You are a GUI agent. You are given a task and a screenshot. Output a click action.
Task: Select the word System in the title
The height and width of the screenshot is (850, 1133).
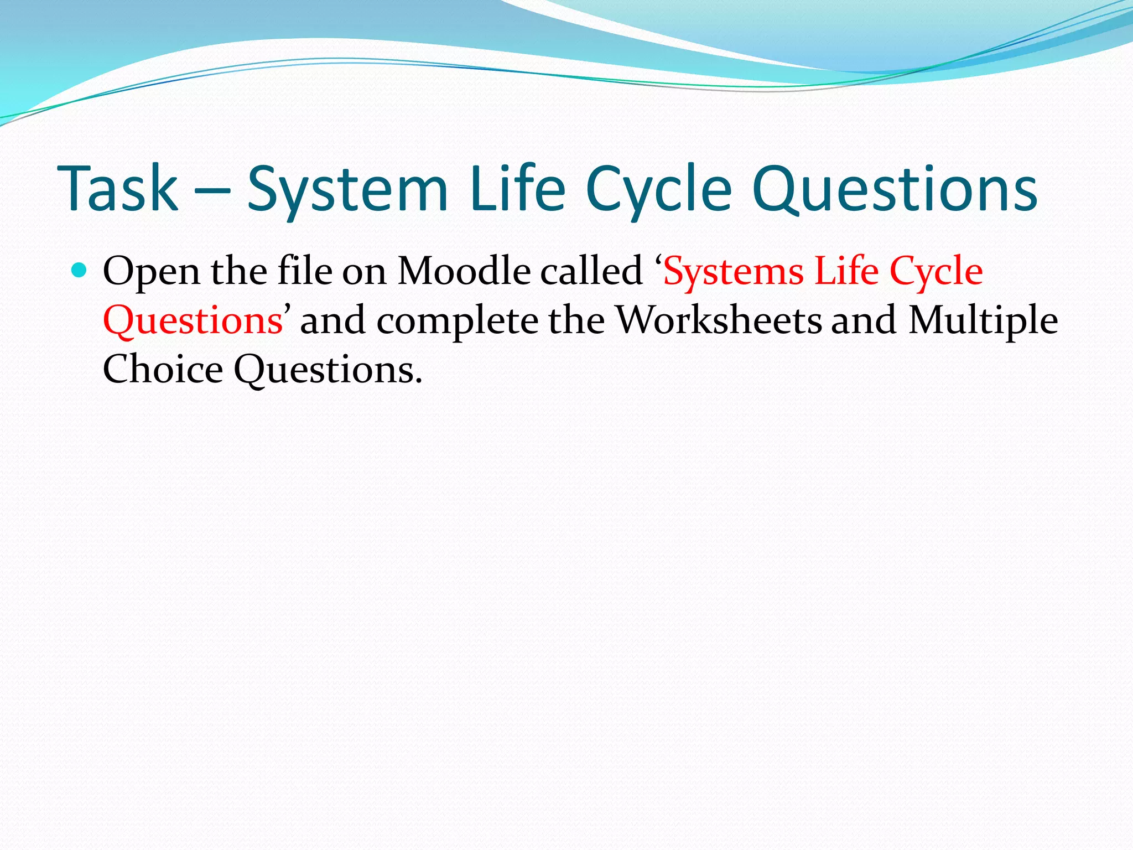point(347,190)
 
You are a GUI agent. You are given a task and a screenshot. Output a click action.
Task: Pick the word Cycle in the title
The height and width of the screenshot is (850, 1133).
point(658,190)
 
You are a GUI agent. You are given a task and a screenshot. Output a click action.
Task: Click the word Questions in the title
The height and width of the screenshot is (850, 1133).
point(895,190)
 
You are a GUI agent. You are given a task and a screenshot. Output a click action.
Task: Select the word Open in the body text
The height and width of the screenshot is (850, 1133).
point(151,272)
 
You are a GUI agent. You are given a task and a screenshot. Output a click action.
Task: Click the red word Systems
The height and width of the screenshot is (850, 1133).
point(734,272)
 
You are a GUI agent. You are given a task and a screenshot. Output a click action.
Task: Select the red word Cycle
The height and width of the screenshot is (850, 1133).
point(936,272)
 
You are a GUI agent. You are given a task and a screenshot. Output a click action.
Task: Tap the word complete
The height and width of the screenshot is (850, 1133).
point(457,321)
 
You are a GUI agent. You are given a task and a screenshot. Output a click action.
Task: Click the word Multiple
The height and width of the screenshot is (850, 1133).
point(983,321)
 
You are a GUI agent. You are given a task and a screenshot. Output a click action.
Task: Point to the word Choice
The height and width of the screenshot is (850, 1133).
point(163,369)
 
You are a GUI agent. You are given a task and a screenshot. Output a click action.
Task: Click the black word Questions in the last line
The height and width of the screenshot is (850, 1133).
point(326,370)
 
